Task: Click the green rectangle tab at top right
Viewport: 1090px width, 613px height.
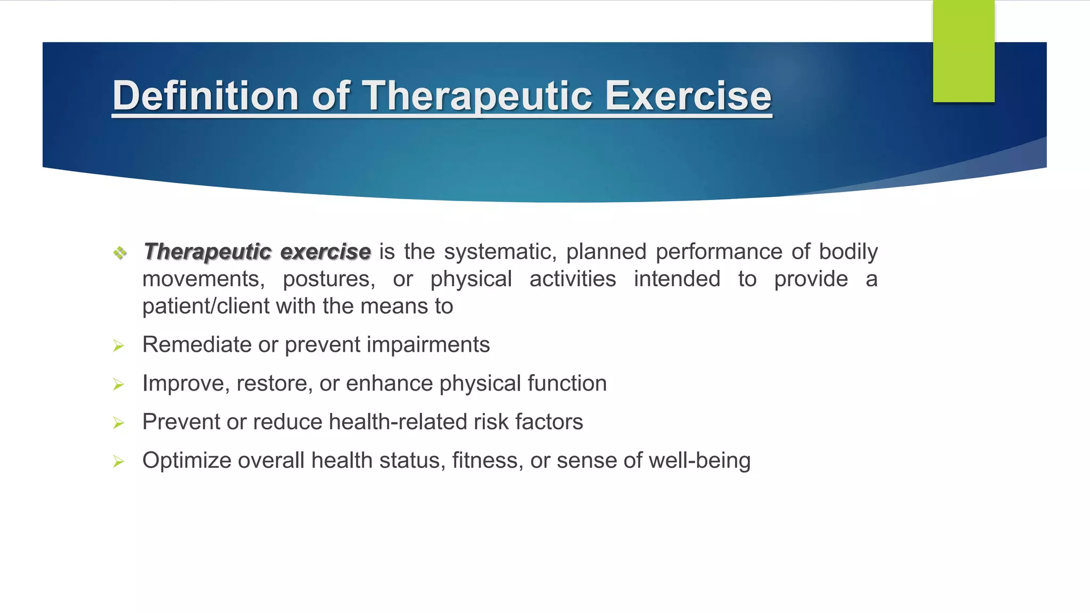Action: point(963,51)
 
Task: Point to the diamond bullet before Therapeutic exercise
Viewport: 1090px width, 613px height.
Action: point(120,252)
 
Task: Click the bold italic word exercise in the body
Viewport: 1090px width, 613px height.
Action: point(325,252)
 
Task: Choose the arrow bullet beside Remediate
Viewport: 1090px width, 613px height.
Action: point(119,346)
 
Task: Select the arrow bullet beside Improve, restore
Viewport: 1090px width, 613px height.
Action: point(119,385)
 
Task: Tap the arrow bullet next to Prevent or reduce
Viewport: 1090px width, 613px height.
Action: point(119,424)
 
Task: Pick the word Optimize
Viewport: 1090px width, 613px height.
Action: point(187,461)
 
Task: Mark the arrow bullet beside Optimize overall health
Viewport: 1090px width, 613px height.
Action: point(119,462)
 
